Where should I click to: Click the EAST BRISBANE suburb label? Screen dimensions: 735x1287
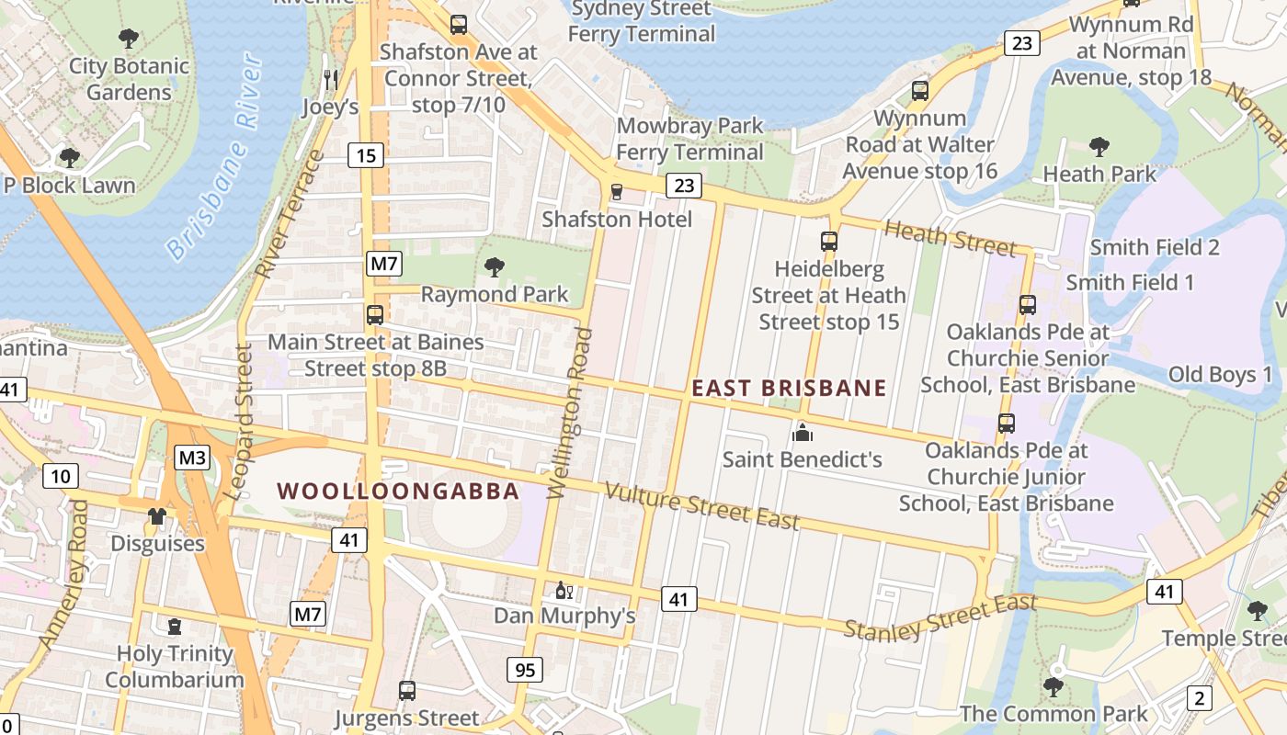click(x=789, y=389)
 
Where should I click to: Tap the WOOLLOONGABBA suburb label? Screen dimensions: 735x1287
click(x=399, y=492)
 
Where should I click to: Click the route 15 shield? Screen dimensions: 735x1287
click(x=366, y=155)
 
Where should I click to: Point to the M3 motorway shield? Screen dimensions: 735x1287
click(x=193, y=458)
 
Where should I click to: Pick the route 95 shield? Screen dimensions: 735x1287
click(x=524, y=670)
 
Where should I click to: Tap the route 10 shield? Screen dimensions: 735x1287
click(x=61, y=476)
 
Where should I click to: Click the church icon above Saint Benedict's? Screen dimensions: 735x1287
click(x=803, y=431)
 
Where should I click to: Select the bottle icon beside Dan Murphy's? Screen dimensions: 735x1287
click(x=564, y=590)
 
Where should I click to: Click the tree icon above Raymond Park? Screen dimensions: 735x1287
click(x=495, y=267)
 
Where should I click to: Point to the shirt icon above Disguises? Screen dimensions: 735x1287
click(x=157, y=515)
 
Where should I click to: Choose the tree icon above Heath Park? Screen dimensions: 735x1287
click(x=1099, y=146)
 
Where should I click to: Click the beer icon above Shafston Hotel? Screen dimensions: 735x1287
click(x=617, y=192)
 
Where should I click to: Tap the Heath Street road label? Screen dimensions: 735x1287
click(x=950, y=239)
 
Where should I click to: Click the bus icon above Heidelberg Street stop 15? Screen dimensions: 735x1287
click(x=829, y=242)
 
